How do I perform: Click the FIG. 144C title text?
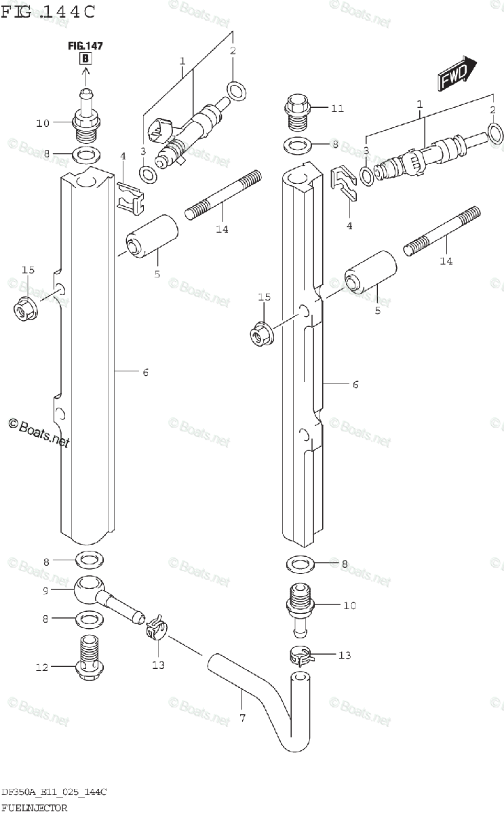47,12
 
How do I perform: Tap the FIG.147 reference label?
85,46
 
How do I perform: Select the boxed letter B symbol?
85,58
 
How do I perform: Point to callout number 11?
337,108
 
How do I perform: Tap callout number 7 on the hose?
242,717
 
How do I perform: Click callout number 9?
46,591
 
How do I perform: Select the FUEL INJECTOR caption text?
34,807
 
